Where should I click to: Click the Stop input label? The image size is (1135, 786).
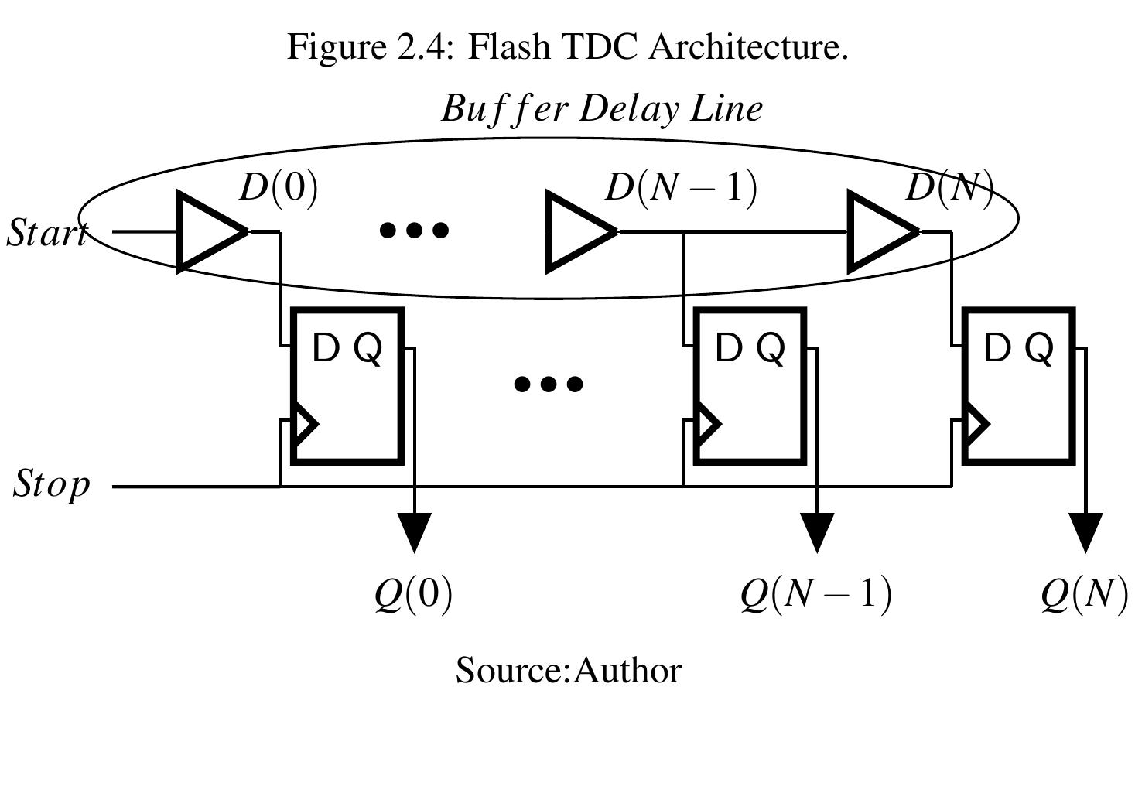(x=52, y=485)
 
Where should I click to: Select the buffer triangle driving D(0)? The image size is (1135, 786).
(x=207, y=231)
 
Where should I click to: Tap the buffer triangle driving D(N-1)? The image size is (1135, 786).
(x=576, y=231)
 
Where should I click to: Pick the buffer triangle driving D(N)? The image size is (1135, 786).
(x=878, y=231)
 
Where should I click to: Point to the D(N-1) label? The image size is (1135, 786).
(x=680, y=188)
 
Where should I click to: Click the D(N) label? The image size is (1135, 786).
(x=949, y=188)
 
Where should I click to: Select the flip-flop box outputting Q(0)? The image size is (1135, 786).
(x=347, y=386)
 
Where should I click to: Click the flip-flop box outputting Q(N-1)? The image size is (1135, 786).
(x=750, y=386)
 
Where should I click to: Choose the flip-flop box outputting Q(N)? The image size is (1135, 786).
(x=1019, y=386)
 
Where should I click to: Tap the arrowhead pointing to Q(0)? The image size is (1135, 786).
(x=415, y=531)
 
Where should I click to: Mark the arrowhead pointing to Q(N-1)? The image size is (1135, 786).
(x=817, y=531)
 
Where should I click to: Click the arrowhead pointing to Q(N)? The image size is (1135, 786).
(x=1085, y=531)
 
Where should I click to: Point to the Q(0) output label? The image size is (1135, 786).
(x=413, y=595)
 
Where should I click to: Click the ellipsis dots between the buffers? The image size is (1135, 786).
(x=415, y=230)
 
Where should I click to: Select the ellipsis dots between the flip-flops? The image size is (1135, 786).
(x=549, y=384)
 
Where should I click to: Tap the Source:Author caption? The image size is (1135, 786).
(x=569, y=670)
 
